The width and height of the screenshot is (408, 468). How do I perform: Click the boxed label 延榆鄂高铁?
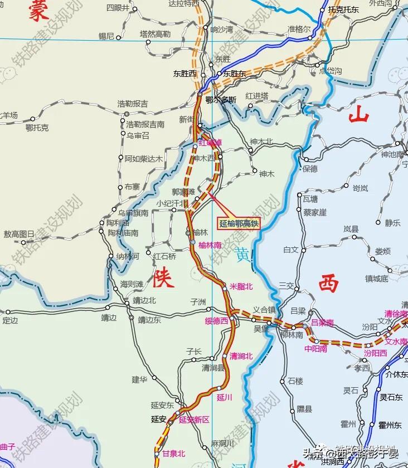tap(239, 223)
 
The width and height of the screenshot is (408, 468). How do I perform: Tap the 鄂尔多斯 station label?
tap(221, 100)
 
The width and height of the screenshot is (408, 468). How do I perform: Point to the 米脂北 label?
tap(241, 286)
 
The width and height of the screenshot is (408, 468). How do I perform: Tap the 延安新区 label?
tap(194, 420)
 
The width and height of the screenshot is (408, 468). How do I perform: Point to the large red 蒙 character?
tap(39, 11)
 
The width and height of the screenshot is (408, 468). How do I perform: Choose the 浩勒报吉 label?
tap(132, 104)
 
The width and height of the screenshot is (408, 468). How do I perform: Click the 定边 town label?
tap(10, 320)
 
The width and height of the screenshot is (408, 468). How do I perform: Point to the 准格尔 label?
tap(299, 30)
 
